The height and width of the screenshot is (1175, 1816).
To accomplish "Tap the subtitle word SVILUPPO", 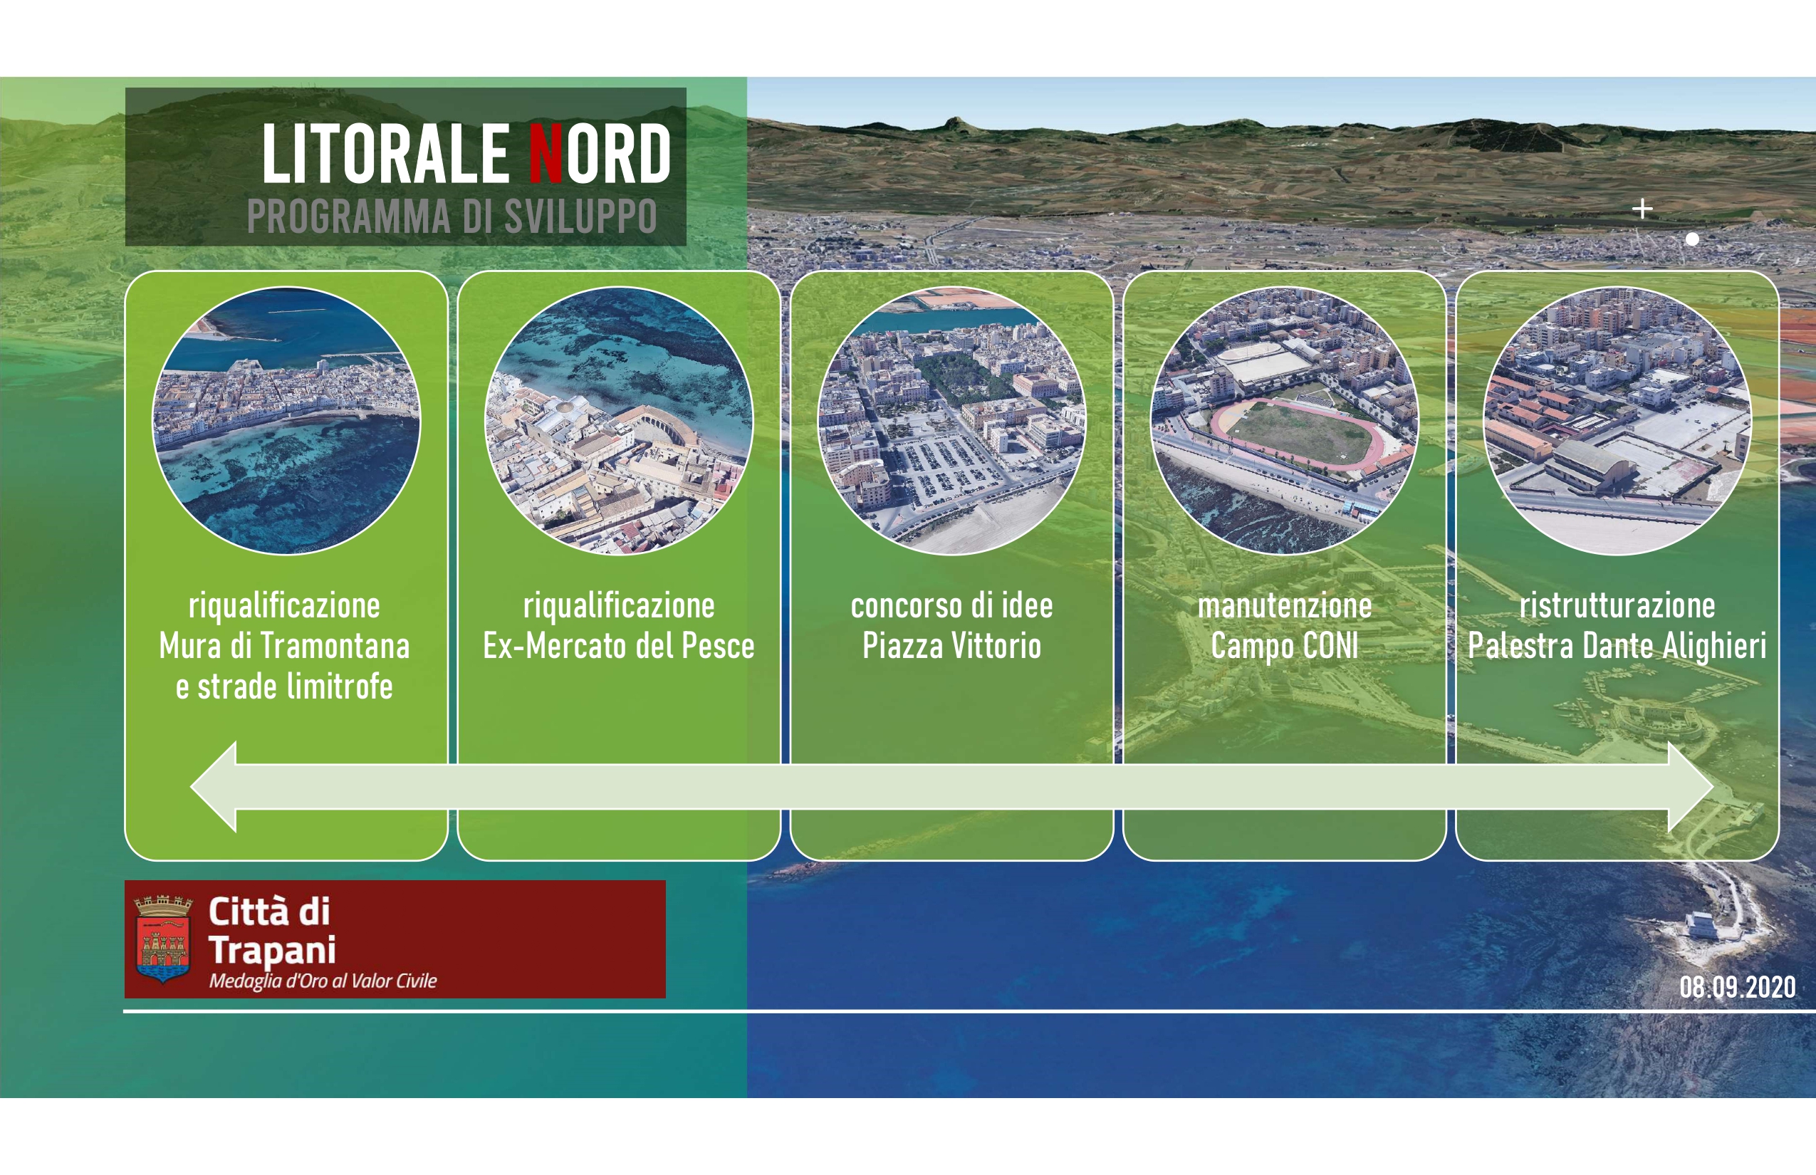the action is (x=580, y=216).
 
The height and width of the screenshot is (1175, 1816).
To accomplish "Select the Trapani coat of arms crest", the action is (x=162, y=939).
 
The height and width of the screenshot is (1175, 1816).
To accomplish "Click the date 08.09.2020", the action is (x=1738, y=987).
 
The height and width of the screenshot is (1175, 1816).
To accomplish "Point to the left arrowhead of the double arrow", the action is (x=214, y=787).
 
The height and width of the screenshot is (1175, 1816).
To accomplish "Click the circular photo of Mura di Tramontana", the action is (x=286, y=420).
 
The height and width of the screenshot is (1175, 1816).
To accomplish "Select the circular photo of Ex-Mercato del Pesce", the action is (x=619, y=420).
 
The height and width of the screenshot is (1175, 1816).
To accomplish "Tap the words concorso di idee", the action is (x=951, y=606).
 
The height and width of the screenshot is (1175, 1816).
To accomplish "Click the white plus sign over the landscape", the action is (x=1643, y=208).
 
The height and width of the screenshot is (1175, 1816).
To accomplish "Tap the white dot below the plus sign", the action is (x=1691, y=239).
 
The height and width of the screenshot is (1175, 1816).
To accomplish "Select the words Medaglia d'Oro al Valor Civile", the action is (x=323, y=981).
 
